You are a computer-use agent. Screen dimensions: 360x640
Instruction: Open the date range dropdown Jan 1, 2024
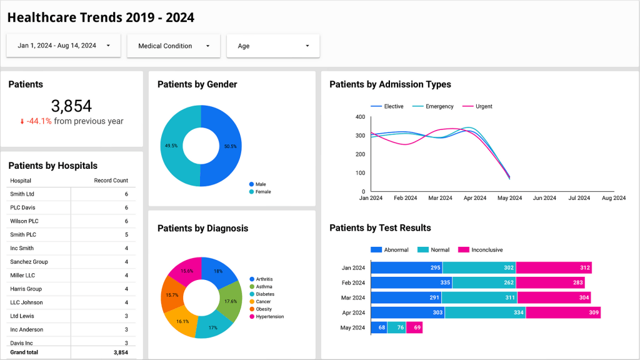tap(63, 46)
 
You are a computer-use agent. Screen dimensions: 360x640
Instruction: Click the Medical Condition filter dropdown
tap(173, 46)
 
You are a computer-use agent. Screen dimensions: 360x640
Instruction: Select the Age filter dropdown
tap(273, 46)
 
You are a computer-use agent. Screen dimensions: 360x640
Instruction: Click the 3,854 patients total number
tap(71, 106)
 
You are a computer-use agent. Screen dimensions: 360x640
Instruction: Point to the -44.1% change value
tap(39, 121)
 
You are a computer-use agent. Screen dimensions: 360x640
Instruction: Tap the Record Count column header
tap(111, 181)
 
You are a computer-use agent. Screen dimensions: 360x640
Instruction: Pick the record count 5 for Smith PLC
tap(126, 235)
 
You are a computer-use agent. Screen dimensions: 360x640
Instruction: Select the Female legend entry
tap(262, 192)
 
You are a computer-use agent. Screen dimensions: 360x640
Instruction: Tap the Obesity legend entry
tap(264, 309)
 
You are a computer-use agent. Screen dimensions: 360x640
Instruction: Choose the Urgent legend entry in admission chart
tap(483, 106)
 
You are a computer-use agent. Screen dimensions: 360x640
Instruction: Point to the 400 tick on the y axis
tap(360, 117)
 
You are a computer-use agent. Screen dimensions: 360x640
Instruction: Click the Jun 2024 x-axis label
tap(544, 198)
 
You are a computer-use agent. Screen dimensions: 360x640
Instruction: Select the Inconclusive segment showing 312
tap(554, 267)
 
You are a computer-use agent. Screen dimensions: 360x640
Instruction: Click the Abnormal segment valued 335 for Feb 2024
tap(411, 282)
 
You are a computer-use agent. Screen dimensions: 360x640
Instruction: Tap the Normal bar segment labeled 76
tap(396, 327)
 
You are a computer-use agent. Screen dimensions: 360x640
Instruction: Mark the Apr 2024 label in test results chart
tap(353, 312)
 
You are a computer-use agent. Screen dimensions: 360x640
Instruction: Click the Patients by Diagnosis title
tap(202, 228)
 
